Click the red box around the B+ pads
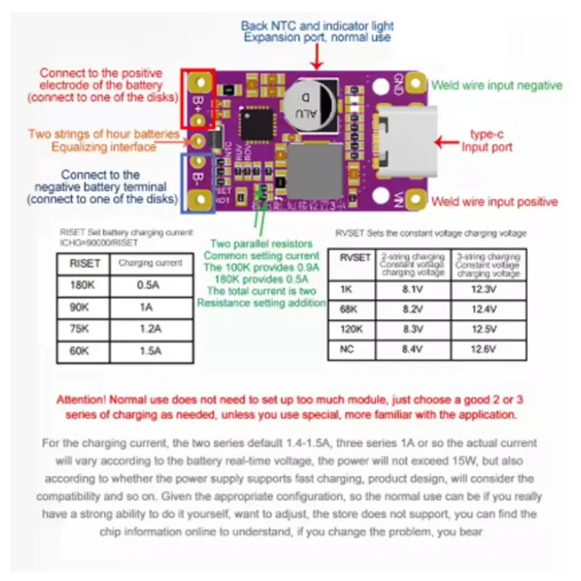[198, 97]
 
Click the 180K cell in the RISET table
[81, 285]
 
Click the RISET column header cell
[81, 263]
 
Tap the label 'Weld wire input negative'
[497, 85]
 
